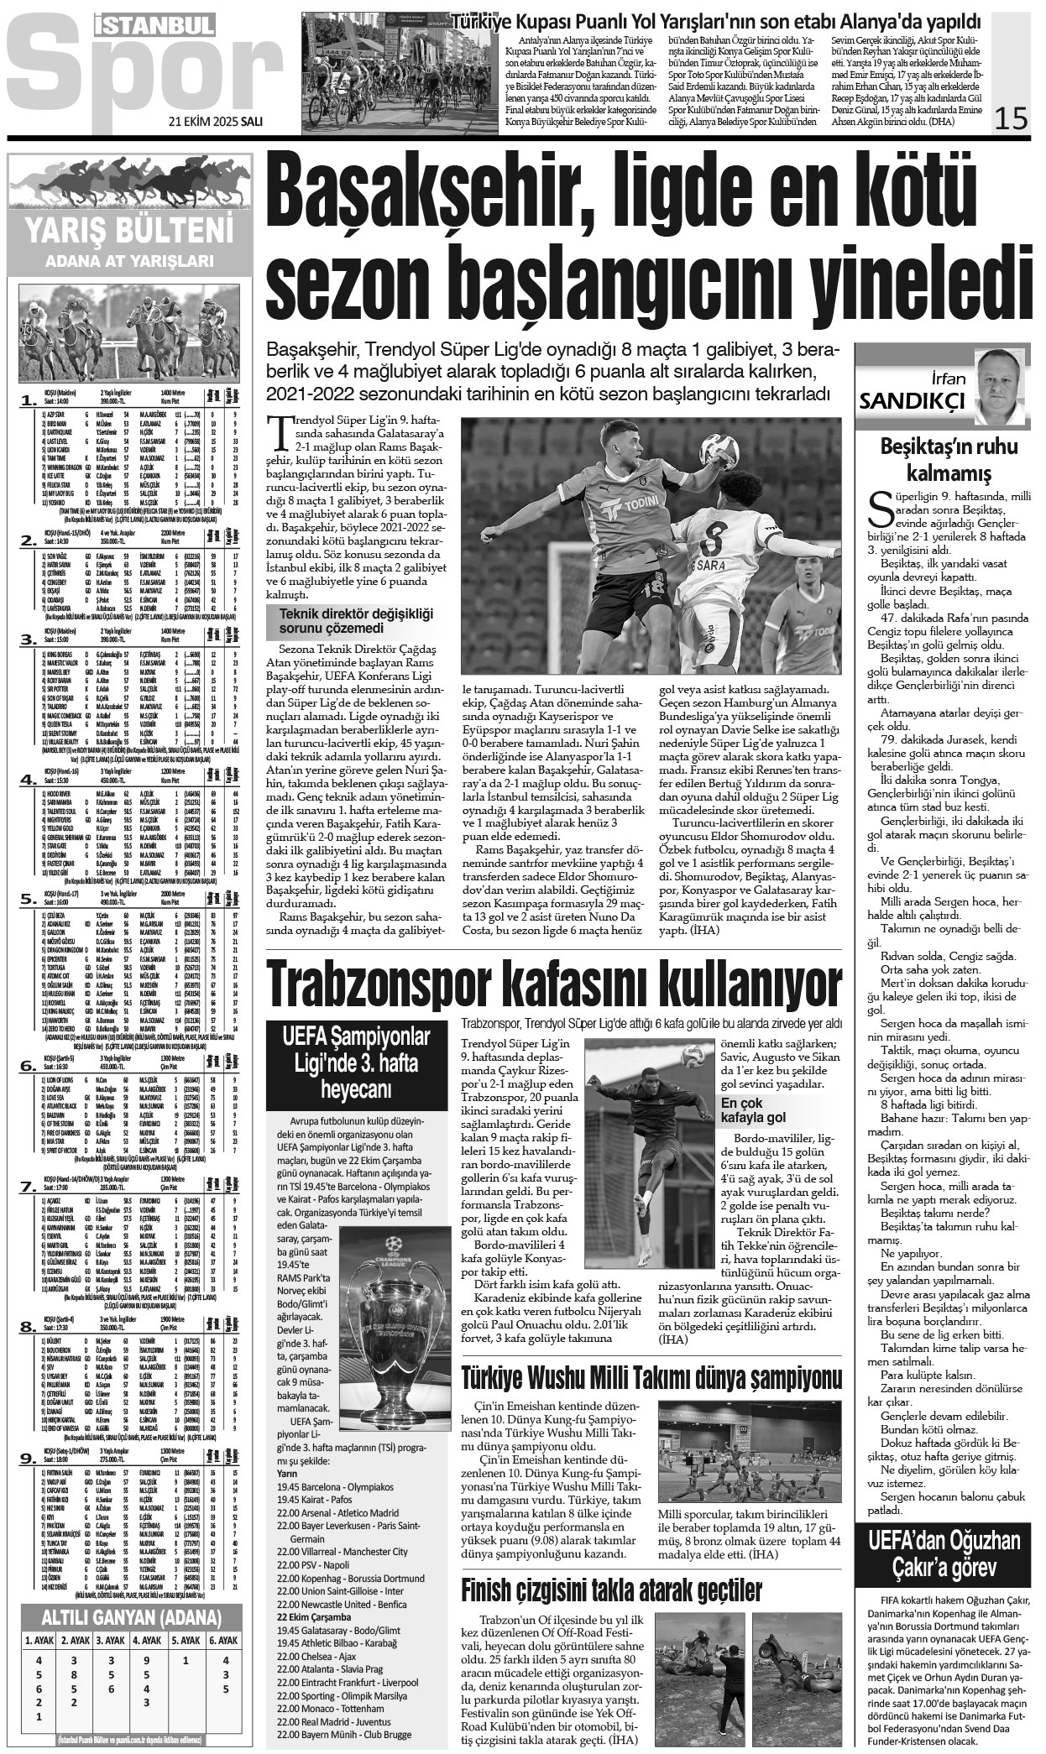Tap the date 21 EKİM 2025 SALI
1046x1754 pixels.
point(216,121)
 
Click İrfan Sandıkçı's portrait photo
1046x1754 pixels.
point(1001,386)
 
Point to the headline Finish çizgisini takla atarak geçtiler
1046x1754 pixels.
point(612,1589)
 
